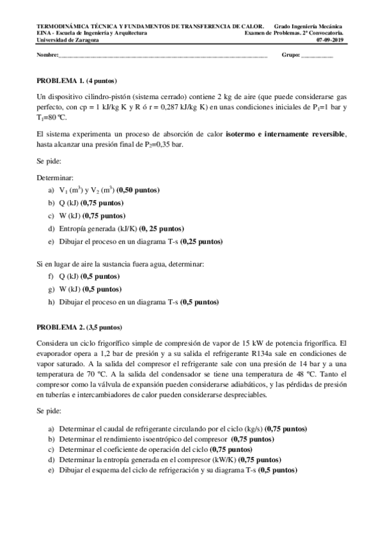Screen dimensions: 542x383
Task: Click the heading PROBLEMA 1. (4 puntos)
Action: click(72, 81)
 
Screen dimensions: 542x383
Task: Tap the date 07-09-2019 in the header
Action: click(329, 39)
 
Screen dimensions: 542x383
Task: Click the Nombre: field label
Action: click(47, 56)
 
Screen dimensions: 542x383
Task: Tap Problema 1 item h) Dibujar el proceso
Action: click(133, 301)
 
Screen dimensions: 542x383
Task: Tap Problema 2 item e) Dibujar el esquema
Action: click(173, 470)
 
